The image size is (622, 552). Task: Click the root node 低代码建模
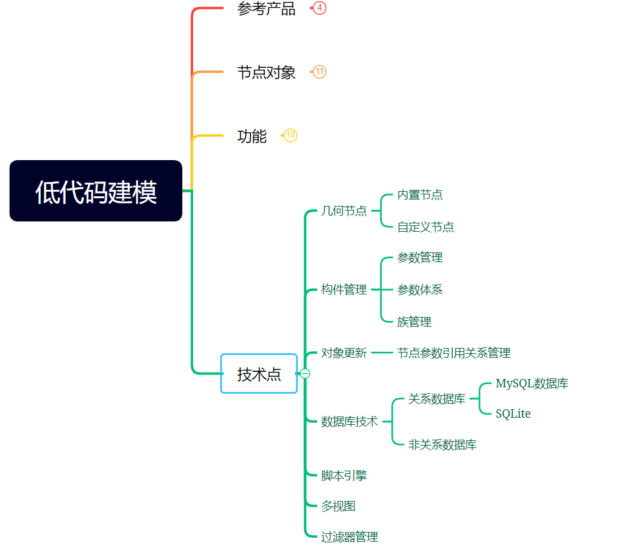coord(96,191)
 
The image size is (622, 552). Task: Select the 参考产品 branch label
coord(266,8)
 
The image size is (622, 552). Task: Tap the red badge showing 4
coord(319,8)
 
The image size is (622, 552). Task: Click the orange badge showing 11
coord(319,72)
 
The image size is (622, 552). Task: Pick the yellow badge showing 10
coord(291,136)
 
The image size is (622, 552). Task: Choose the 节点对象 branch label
coord(266,72)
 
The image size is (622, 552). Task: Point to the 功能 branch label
coord(252,136)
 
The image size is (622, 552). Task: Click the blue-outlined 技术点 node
coord(259,374)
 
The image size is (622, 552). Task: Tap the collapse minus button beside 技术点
coord(306,374)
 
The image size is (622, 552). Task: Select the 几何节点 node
coord(344,211)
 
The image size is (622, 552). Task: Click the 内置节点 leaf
coord(420,195)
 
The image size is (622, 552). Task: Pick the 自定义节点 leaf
coord(425,227)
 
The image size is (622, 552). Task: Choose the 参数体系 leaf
coord(420,290)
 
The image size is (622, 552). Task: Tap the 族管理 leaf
coord(414,322)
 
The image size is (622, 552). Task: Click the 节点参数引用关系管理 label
coord(453,353)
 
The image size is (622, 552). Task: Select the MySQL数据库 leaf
coord(532,383)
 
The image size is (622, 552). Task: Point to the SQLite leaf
coord(513,414)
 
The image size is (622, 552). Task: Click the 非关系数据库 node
coord(442,445)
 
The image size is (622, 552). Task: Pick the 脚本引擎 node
coord(344,476)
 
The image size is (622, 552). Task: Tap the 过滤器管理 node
coord(349,537)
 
